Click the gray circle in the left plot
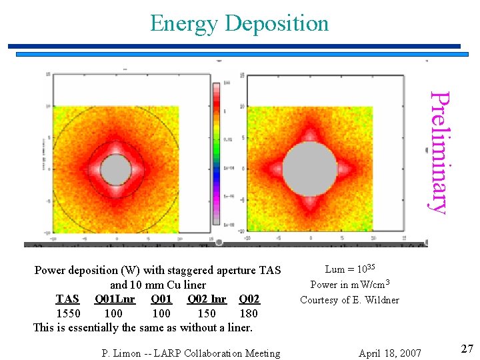116,169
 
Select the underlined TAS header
67,299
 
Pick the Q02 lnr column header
207,299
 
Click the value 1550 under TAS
68,313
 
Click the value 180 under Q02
248,313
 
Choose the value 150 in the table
207,313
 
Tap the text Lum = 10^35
350,269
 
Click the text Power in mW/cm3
349,285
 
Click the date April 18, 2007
389,353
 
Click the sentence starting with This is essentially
143,327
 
